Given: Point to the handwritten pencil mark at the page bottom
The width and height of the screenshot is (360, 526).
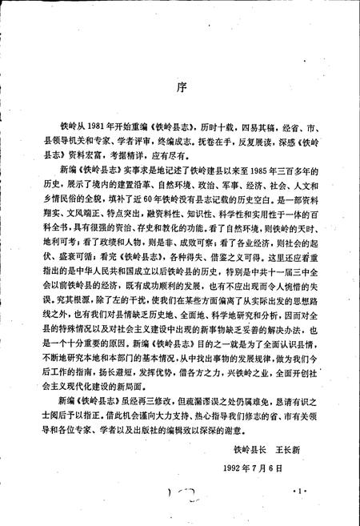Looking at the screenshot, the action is tap(185, 509).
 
